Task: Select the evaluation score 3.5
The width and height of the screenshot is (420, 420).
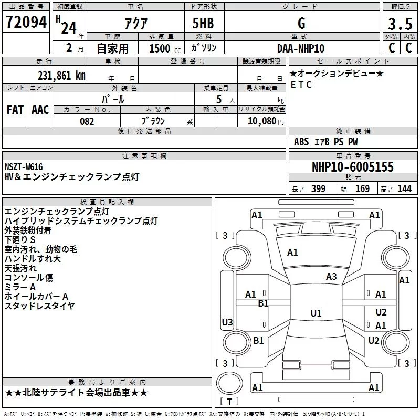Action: coord(400,24)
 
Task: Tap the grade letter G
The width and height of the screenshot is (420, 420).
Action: coord(301,23)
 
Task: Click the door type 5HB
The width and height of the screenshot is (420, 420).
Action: coord(203,23)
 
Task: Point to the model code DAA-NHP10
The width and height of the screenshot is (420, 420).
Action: coord(301,48)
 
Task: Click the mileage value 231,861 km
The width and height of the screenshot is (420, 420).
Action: coord(61,75)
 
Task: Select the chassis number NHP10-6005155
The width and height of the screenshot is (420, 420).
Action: coord(352,167)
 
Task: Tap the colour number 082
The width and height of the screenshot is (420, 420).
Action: coord(87,121)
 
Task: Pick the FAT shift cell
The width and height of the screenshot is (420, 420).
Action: coord(15,109)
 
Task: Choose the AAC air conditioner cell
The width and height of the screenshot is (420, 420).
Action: coord(40,109)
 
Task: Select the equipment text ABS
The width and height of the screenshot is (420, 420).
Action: coord(301,142)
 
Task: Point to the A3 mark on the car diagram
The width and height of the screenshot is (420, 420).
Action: coord(331,277)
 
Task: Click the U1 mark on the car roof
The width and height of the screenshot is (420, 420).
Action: coord(316,313)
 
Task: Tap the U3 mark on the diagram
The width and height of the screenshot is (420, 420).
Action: coord(227,322)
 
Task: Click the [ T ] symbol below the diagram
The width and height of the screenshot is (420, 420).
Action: coord(231,402)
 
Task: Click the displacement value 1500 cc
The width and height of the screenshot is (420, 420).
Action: coord(161,48)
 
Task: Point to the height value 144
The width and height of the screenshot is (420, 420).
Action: coord(404,189)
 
